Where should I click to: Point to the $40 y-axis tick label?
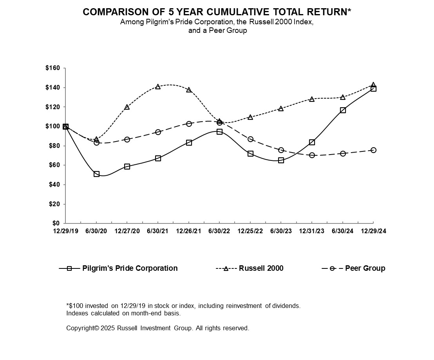coord(54,185)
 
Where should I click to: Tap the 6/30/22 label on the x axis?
coord(219,231)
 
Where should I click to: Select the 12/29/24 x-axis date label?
coord(373,231)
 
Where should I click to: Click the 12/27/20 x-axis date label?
coord(127,231)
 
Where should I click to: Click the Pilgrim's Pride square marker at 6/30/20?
coord(96,174)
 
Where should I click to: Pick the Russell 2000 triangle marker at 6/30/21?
coord(158,86)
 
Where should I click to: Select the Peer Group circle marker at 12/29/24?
coord(373,150)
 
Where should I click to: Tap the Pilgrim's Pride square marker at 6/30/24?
coord(343,110)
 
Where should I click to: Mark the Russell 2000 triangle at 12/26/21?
coord(189,90)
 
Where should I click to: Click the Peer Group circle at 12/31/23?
coord(312,155)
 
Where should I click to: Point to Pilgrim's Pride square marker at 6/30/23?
coord(281,160)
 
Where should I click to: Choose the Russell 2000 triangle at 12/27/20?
coord(127,107)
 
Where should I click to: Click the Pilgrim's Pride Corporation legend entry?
coord(130,268)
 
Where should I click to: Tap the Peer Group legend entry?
coord(365,268)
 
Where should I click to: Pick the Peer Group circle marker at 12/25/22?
coord(250,139)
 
